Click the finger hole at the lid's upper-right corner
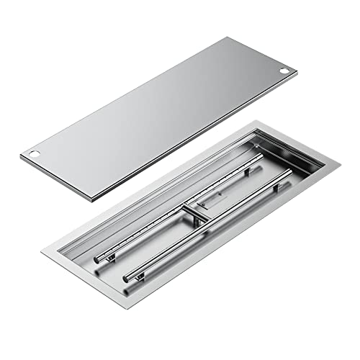point(286,72)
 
